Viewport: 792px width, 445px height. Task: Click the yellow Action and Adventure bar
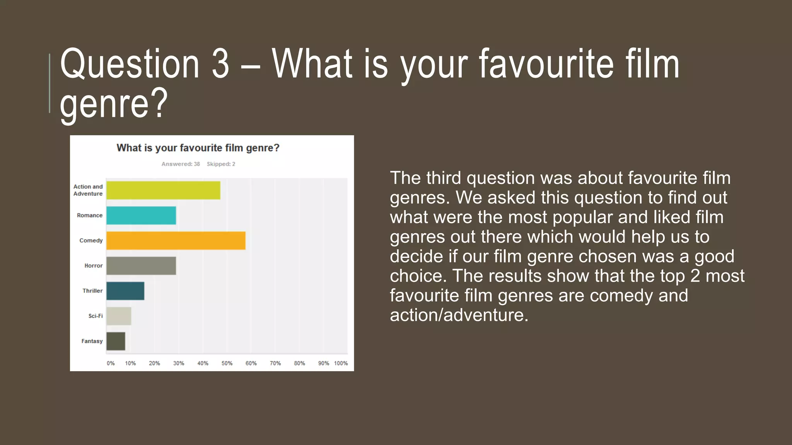pos(163,190)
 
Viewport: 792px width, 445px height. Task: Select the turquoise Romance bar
pos(141,216)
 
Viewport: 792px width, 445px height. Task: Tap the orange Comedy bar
pos(176,241)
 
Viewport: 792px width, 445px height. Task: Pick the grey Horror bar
pos(141,266)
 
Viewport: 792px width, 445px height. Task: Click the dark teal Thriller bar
pos(125,291)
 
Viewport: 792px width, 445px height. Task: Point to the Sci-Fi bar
pos(119,316)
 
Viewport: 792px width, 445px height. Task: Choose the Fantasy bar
pos(116,341)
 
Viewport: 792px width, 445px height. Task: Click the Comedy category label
pos(91,240)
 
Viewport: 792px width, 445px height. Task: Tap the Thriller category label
pos(92,290)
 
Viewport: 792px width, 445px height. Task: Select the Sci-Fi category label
pos(96,316)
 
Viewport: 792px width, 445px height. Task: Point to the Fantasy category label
pos(92,341)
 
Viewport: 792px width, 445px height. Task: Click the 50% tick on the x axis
pos(227,363)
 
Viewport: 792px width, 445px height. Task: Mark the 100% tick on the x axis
pos(341,363)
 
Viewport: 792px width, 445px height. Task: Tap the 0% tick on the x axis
pos(111,363)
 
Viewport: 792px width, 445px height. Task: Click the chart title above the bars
pos(198,148)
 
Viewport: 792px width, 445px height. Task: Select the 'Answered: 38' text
pos(181,164)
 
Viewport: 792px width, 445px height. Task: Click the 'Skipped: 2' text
pos(221,164)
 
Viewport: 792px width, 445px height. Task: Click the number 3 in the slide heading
pos(220,64)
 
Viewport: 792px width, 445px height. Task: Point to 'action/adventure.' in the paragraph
pos(459,315)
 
